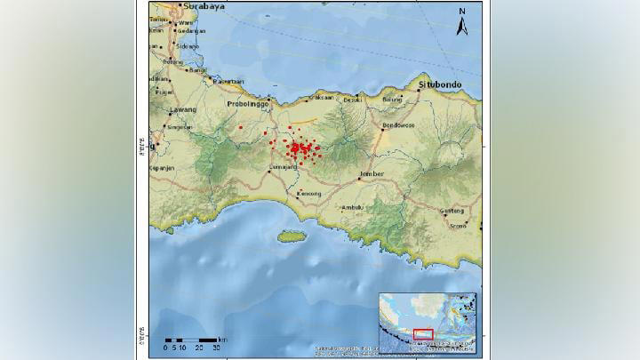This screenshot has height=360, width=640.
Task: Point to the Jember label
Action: tap(371, 173)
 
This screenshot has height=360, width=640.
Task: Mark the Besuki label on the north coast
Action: tap(354, 100)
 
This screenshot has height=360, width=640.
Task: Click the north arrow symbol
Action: tap(462, 23)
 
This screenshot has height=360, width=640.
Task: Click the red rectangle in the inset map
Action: tap(423, 334)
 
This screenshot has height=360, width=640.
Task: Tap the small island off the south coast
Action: tap(291, 236)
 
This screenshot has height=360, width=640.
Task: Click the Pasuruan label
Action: tap(228, 82)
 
